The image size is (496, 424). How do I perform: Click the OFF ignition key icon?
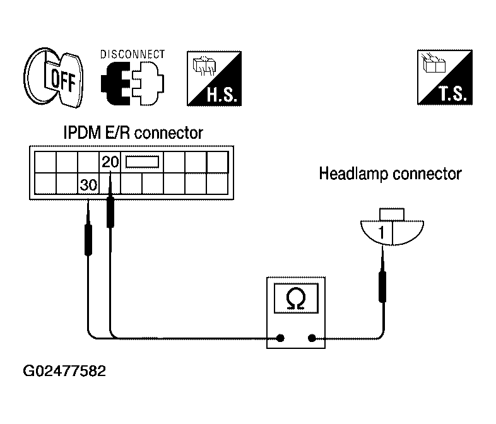coord(53,77)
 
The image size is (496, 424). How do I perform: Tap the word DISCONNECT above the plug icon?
coord(133,54)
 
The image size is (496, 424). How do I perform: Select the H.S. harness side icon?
coord(214,78)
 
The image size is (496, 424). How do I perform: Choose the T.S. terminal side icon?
coord(445,77)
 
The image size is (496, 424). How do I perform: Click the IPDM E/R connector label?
coord(133,132)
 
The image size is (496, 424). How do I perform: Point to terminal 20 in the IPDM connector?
coord(110,162)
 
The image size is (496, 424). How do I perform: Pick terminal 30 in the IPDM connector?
coord(88,185)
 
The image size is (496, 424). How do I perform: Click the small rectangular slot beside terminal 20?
coord(143,162)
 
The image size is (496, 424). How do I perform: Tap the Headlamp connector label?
coord(391,174)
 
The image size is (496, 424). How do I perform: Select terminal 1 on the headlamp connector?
coord(382,232)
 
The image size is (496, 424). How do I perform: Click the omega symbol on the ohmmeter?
coord(296,299)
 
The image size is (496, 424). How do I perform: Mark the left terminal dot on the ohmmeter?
coord(280,338)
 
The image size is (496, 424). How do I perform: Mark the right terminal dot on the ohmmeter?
coord(312,338)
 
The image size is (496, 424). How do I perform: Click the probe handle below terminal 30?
coord(88,240)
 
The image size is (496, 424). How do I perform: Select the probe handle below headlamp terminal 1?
coord(382,287)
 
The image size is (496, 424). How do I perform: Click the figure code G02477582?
coord(64,371)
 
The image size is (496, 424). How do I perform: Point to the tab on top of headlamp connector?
coord(392,215)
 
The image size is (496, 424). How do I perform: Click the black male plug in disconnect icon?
coord(115,84)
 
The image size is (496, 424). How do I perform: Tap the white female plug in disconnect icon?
coord(148,84)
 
